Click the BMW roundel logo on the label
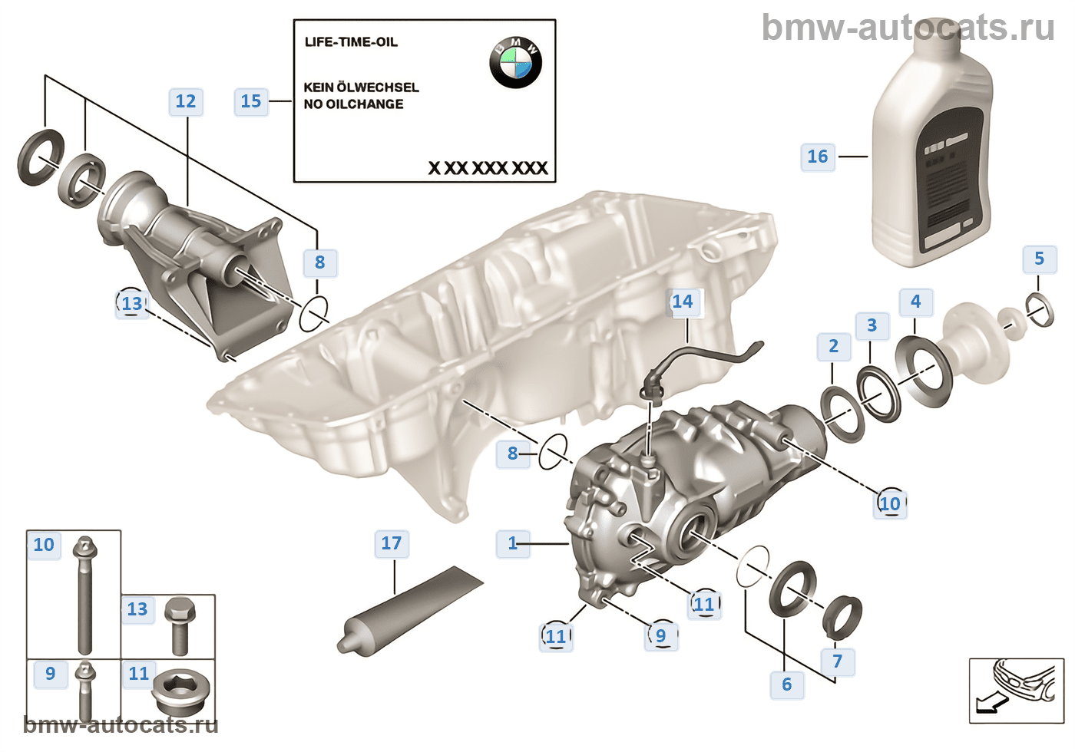[515, 62]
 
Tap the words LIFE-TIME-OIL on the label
[351, 42]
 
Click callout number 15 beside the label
[251, 101]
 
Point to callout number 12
[186, 101]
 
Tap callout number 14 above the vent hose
[682, 302]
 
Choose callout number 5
[1039, 259]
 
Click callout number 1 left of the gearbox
[513, 543]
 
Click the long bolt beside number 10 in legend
[84, 595]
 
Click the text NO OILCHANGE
[353, 104]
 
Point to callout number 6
[786, 684]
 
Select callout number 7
[837, 661]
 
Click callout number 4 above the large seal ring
[915, 302]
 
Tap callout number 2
[833, 346]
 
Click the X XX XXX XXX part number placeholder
[488, 168]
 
